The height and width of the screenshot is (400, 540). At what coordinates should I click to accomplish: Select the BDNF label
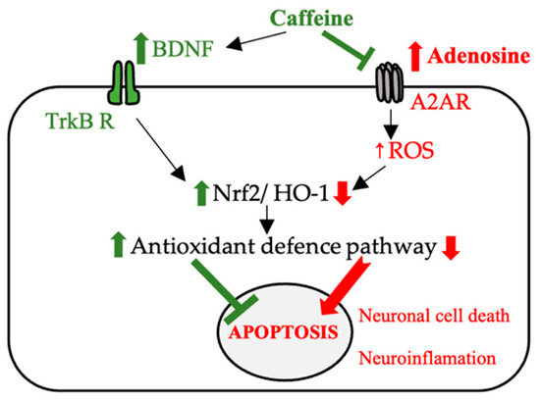[175, 45]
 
